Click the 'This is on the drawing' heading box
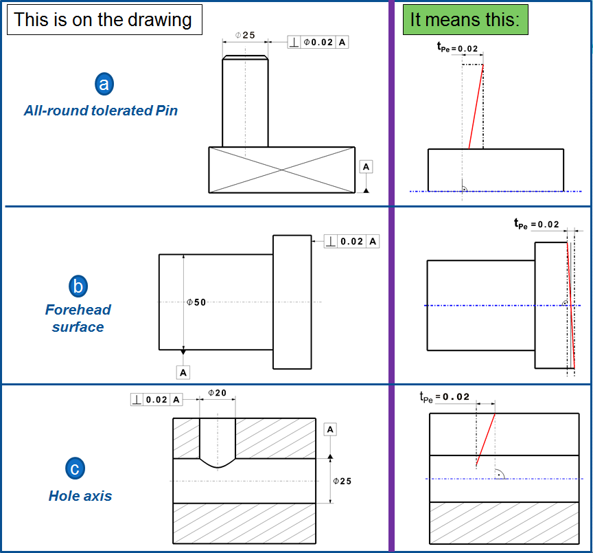pos(104,19)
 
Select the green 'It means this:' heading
pos(465,19)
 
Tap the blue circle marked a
pos(104,84)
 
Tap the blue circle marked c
pos(75,469)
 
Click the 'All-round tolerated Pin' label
pos(101,110)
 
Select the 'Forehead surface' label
pos(78,318)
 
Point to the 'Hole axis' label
pos(80,495)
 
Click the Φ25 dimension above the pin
pos(244,34)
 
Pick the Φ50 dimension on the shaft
pos(196,302)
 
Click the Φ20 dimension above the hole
pos(217,393)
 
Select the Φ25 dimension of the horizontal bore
pos(341,481)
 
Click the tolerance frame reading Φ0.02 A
pos(318,43)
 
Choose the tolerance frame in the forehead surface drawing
pos(351,241)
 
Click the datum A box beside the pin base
pos(366,167)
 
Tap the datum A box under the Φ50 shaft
pos(183,372)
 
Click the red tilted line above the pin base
pos(476,106)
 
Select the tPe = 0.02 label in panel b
pos(537,224)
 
